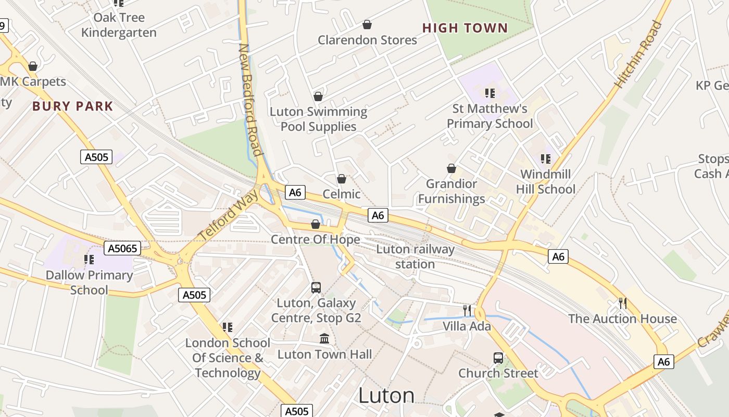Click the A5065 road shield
pos(123,248)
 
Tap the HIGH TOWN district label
pos(465,28)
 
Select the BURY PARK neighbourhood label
pos(73,106)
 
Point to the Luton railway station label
pos(415,256)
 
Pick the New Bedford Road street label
pos(250,99)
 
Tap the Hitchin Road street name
pos(638,54)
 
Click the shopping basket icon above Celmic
pos(342,179)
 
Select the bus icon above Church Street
pos(498,358)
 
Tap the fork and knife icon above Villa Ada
pos(467,311)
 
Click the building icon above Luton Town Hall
pos(324,339)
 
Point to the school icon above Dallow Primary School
pos(89,259)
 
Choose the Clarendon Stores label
pos(367,40)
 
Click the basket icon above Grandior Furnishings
pos(451,168)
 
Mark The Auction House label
pos(622,318)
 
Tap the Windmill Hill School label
pos(546,181)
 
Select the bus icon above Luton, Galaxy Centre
pos(316,287)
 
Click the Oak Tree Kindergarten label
pos(119,25)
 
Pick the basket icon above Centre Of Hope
pos(315,224)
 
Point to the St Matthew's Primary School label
pos(489,116)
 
